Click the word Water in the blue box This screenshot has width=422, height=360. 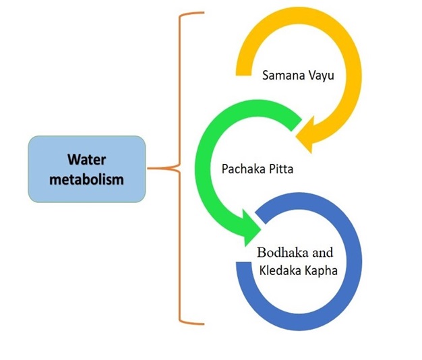[x=86, y=160]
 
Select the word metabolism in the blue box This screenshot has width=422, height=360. [x=86, y=180]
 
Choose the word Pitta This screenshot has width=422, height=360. [x=278, y=169]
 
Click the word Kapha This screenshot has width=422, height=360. [x=319, y=270]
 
